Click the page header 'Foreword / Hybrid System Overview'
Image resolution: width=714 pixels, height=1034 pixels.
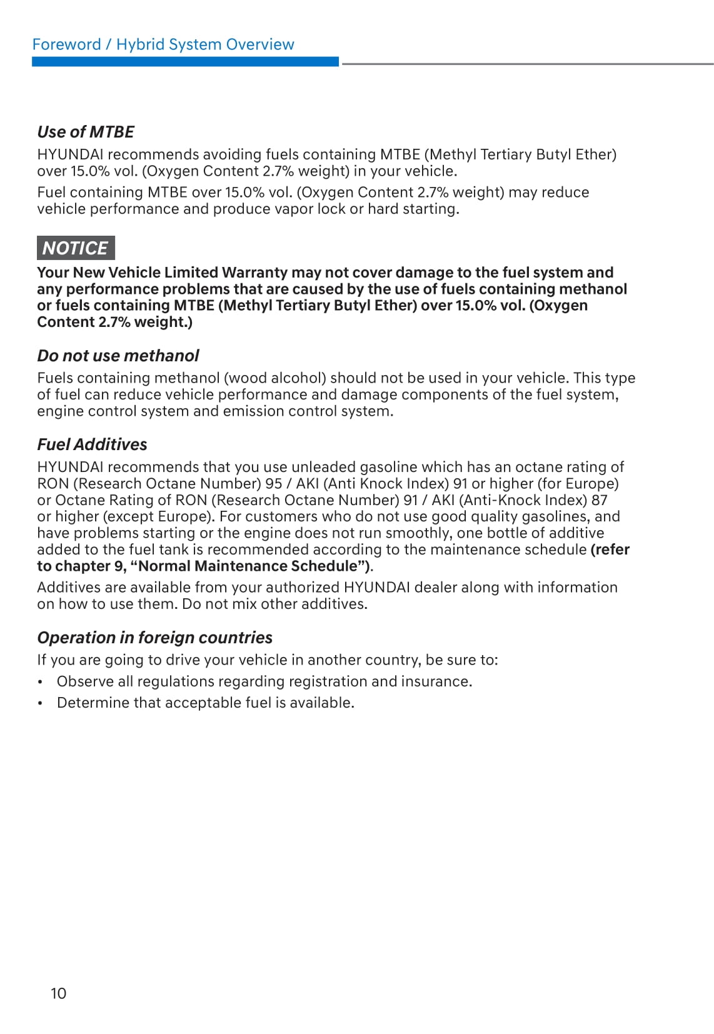click(163, 44)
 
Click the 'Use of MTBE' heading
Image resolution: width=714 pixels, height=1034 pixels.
click(86, 132)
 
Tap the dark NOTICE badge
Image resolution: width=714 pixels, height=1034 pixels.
click(76, 248)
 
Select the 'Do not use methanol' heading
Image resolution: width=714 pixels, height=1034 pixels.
click(118, 356)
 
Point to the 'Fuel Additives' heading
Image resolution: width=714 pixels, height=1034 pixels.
click(92, 444)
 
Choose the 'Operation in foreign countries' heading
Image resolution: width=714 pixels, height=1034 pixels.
click(154, 638)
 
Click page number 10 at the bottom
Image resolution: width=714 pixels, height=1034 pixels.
click(58, 993)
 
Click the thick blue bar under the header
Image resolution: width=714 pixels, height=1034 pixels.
click(185, 62)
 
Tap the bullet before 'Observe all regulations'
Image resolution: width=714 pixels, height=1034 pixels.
click(41, 682)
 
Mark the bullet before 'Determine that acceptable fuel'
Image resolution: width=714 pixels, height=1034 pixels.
click(41, 703)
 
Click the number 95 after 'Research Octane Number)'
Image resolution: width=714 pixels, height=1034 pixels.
click(274, 484)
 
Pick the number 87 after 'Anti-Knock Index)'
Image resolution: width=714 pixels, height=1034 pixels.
click(599, 500)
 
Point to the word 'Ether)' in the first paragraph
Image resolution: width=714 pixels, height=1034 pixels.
click(596, 154)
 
